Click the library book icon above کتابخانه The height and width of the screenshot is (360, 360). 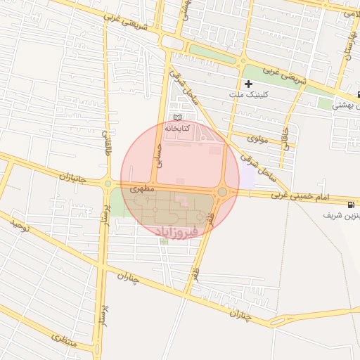(x=177, y=117)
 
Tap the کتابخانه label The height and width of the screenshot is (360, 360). (x=177, y=129)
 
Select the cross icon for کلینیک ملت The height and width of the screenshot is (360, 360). (x=248, y=84)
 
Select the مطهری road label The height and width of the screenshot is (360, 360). (x=141, y=189)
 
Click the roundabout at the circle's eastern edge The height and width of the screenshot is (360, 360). (x=222, y=191)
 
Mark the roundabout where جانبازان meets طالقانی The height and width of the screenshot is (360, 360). (x=108, y=184)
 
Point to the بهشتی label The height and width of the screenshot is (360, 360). (x=345, y=106)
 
